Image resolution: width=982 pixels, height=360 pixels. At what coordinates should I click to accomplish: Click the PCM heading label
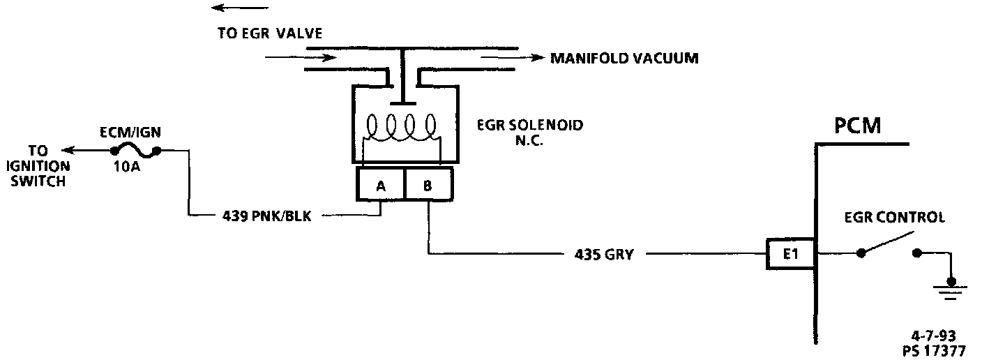click(857, 126)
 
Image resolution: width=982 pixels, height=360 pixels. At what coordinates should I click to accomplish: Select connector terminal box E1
click(790, 255)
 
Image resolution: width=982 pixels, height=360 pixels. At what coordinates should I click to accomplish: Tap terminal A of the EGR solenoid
click(381, 185)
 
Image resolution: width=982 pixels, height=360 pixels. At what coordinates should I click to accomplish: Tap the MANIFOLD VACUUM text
click(624, 59)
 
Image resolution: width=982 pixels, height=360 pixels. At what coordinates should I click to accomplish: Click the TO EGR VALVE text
click(269, 33)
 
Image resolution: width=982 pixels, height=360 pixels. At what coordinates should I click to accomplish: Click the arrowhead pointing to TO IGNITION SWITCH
click(68, 150)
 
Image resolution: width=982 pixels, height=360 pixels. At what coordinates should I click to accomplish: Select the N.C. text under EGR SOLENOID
click(529, 139)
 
